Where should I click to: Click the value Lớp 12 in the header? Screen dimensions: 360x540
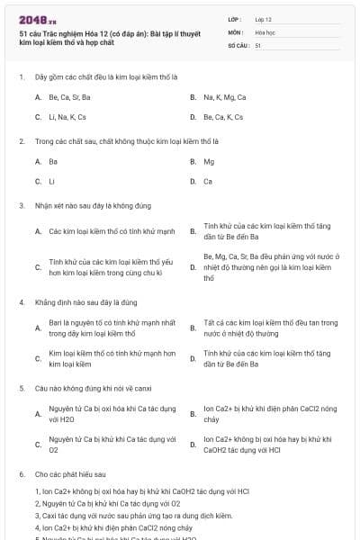(263, 18)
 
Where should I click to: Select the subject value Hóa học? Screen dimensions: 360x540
(265, 31)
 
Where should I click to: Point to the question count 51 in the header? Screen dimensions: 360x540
(258, 44)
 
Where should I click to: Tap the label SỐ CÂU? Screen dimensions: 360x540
(237, 44)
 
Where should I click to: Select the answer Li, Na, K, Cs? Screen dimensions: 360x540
(67, 117)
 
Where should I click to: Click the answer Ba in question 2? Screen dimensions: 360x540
(53, 161)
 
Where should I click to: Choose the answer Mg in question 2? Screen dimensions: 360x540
(209, 161)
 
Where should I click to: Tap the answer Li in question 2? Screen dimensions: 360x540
(52, 182)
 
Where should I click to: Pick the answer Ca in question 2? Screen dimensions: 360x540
(208, 182)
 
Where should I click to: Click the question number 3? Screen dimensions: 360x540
(21, 205)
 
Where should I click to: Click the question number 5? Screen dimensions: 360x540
(21, 388)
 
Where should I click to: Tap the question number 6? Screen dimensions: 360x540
(21, 473)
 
